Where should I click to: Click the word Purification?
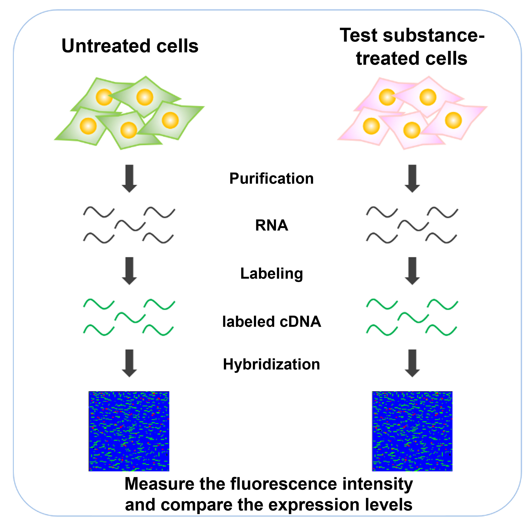click(271, 179)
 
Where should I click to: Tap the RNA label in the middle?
click(271, 226)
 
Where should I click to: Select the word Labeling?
click(271, 274)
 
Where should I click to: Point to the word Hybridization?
click(271, 364)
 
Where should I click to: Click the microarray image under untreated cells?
click(129, 431)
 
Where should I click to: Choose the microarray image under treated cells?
click(412, 431)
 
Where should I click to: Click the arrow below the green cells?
click(129, 179)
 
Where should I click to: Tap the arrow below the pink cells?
click(412, 179)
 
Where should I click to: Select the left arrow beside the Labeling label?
click(129, 271)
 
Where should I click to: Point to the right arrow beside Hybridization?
click(412, 363)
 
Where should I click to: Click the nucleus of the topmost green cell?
click(145, 97)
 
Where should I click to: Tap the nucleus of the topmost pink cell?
click(428, 97)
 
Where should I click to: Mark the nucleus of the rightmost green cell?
click(170, 120)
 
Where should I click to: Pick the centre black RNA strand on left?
click(130, 226)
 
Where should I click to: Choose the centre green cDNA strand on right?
click(413, 318)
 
